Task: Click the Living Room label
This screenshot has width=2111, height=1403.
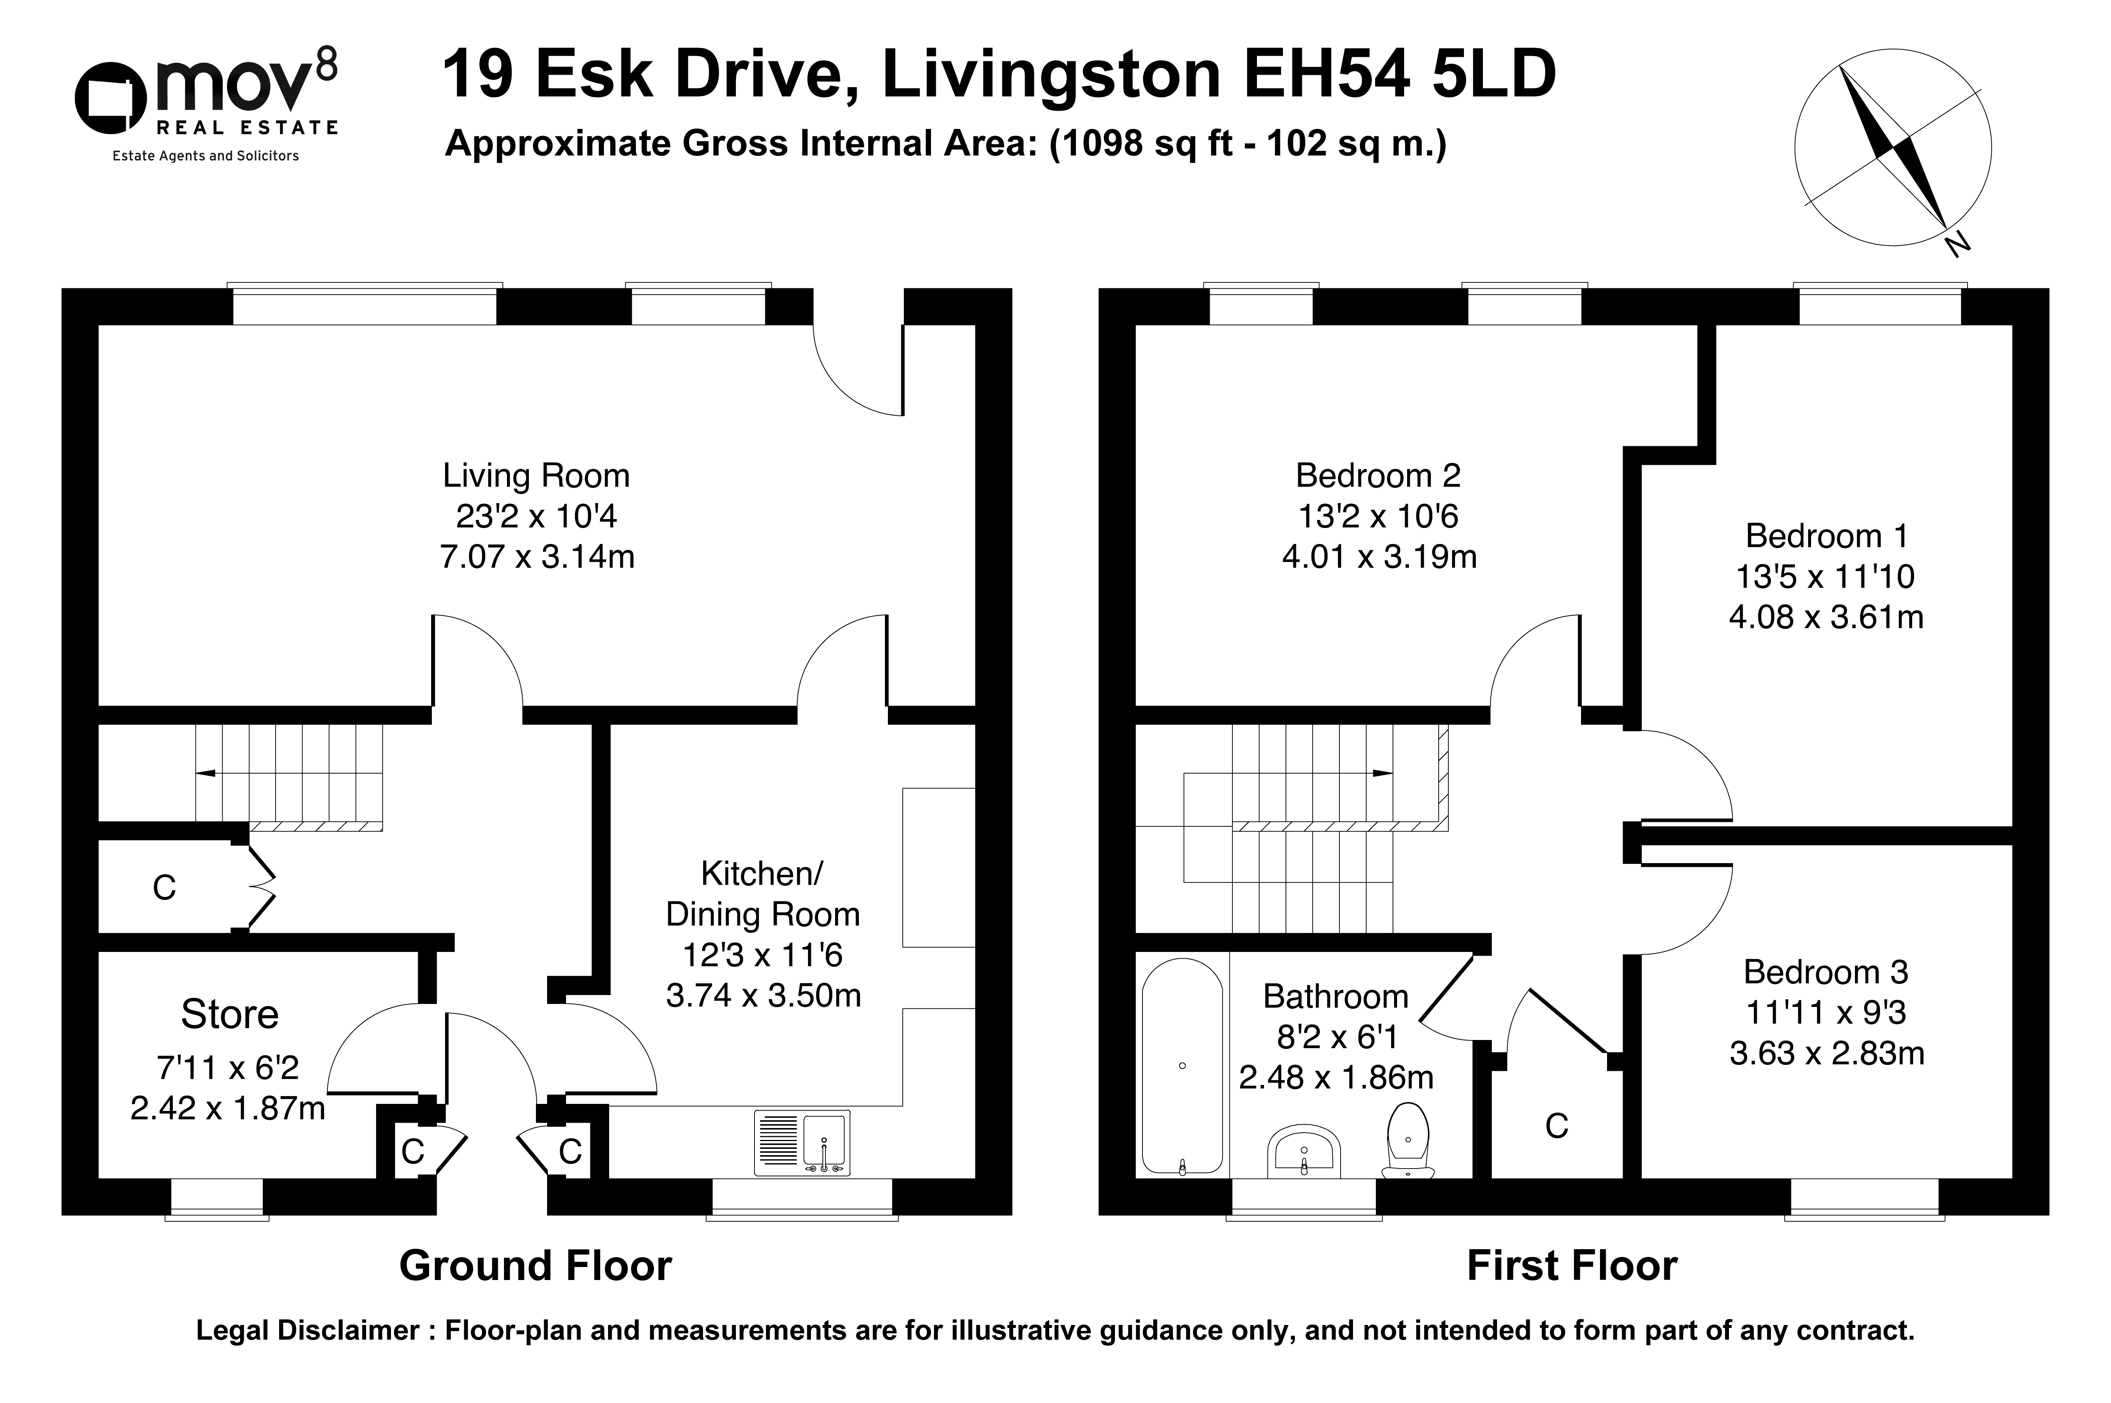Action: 536,476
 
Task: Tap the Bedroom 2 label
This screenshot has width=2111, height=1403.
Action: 1378,476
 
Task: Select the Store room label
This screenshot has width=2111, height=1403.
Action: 230,1015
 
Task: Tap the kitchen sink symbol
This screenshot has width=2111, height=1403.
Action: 802,1143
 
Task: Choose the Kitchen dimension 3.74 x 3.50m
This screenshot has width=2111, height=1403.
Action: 763,995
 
